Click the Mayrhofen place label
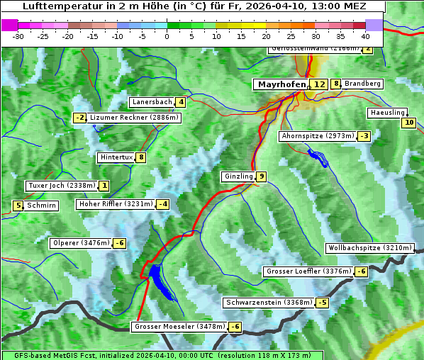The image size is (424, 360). pos(281,84)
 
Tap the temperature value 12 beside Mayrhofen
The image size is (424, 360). pos(320,84)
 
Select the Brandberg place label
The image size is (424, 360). pos(362,84)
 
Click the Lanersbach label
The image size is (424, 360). pos(152,102)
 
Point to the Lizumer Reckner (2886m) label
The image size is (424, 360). pos(134,118)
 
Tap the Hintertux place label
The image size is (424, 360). pos(116,157)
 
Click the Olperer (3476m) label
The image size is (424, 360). pos(82,243)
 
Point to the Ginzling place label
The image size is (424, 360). pos(238,176)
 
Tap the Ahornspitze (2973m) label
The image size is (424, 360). pos(317,135)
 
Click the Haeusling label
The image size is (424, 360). pos(387,113)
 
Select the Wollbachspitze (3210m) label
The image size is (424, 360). pos(369,248)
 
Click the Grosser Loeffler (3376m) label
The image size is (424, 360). pos(308,271)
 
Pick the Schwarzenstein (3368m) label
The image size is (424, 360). pos(268,303)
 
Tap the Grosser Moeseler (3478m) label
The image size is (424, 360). pos(179,327)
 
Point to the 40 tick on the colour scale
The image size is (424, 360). pos(365,35)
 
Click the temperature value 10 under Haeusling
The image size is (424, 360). pos(408,123)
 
